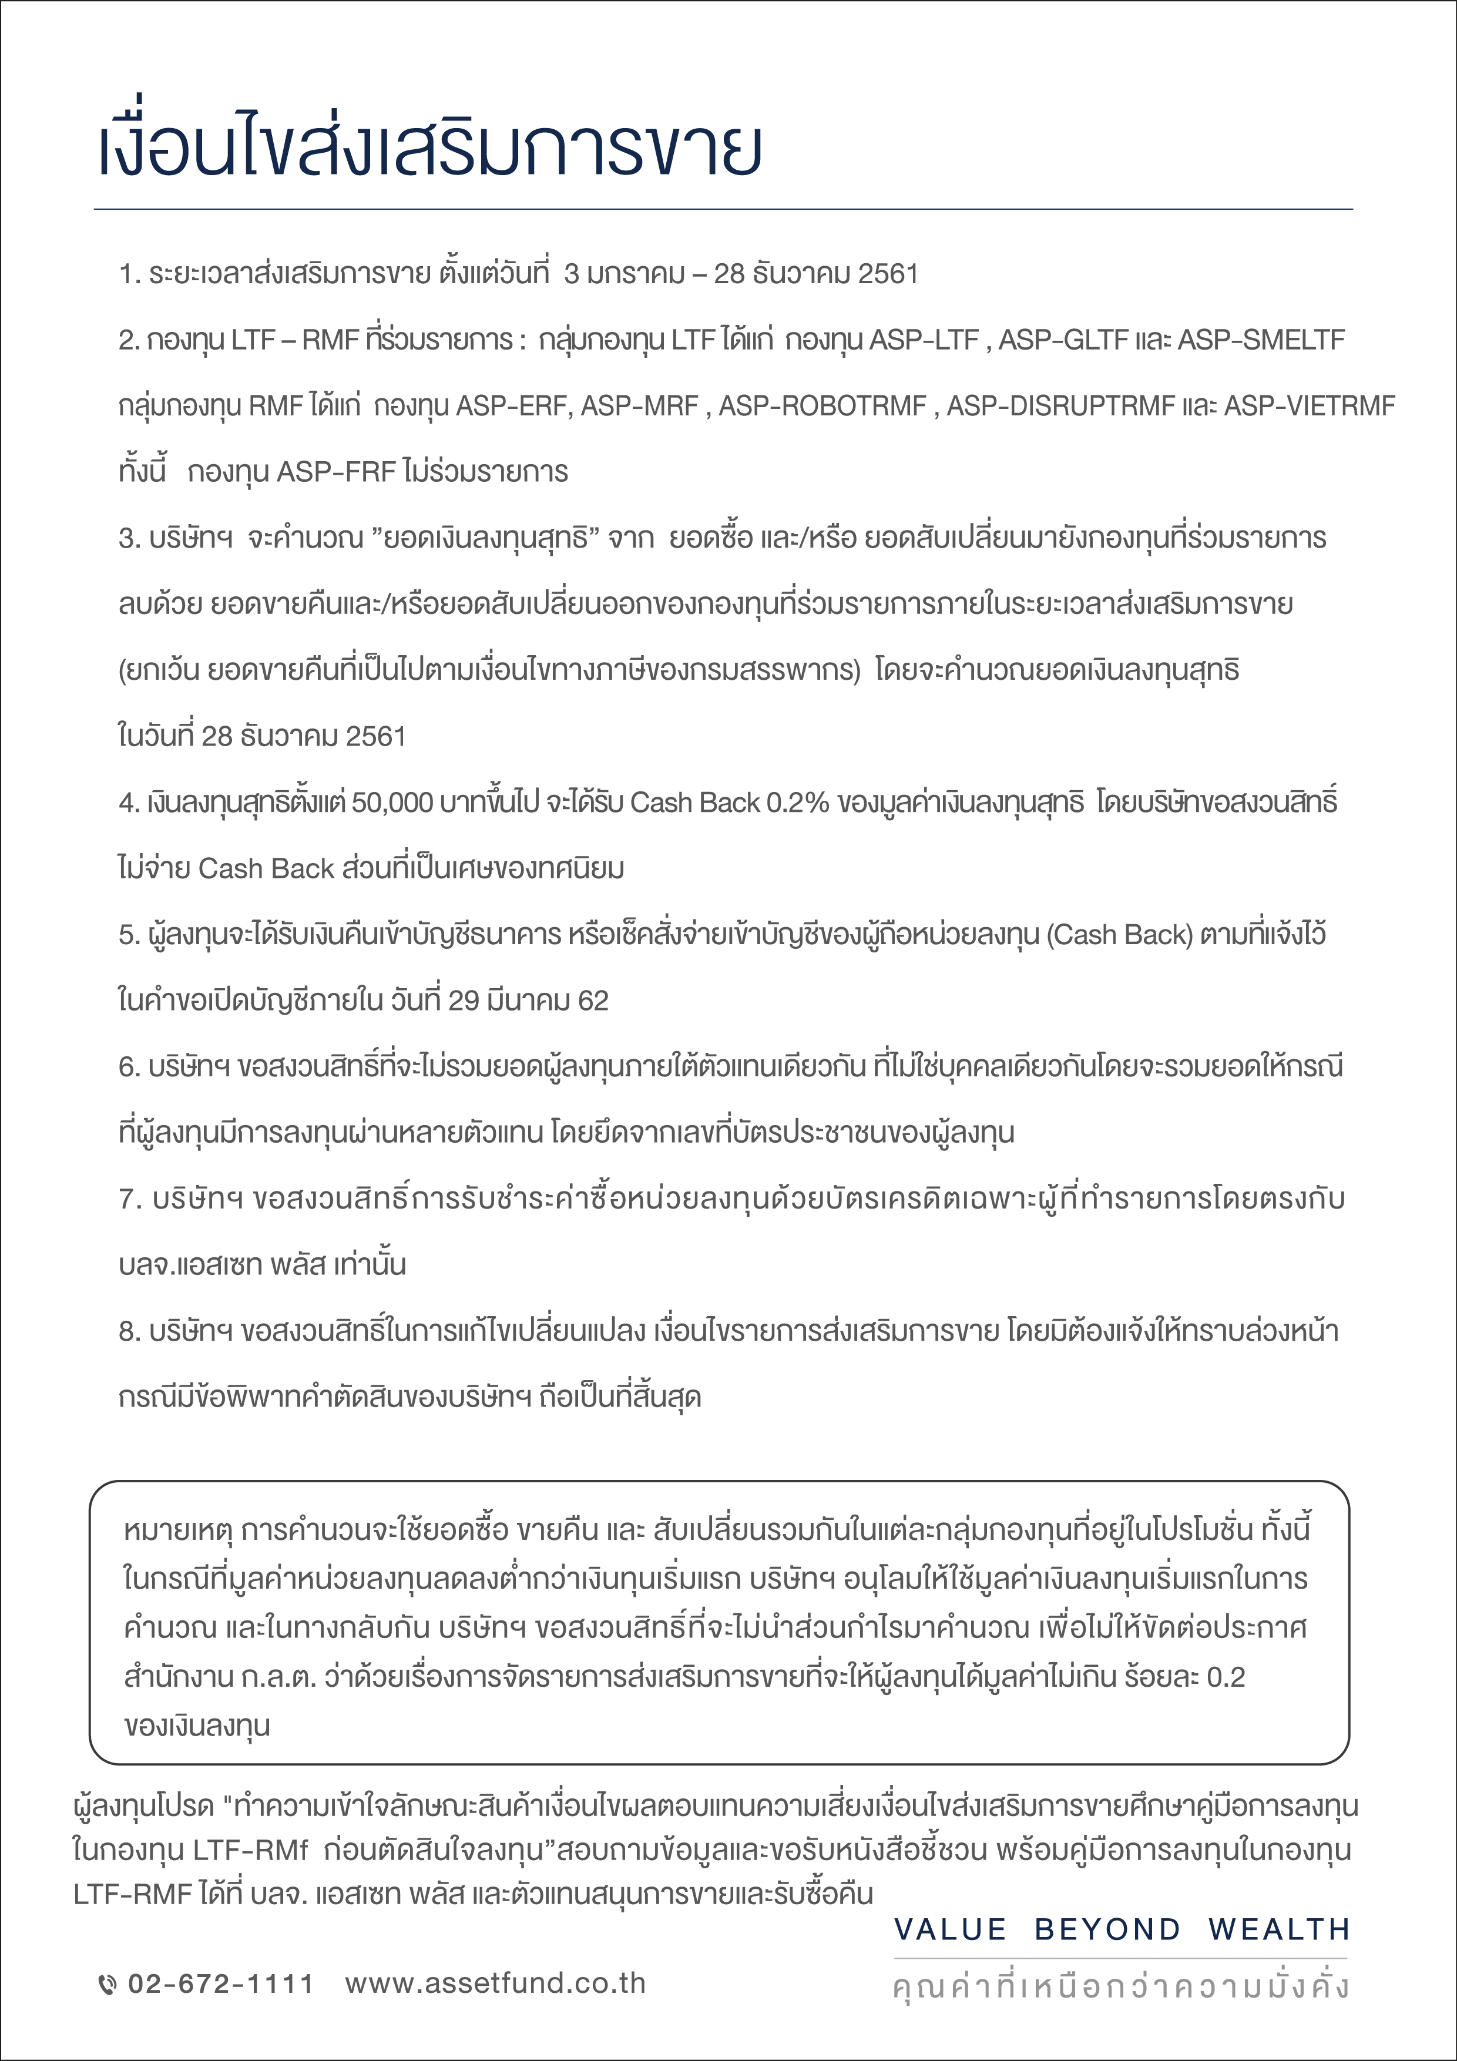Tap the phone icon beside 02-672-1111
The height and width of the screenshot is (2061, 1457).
tap(107, 1985)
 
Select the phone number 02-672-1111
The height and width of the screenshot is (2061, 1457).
tap(221, 1984)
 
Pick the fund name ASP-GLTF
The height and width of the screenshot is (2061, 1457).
tap(1063, 340)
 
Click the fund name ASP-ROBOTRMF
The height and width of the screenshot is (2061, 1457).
tap(822, 407)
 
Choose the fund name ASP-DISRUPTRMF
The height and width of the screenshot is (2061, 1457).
tap(1060, 407)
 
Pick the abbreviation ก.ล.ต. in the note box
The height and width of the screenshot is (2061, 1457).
tap(279, 1677)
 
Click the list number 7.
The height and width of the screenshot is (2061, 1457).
tap(126, 1199)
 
